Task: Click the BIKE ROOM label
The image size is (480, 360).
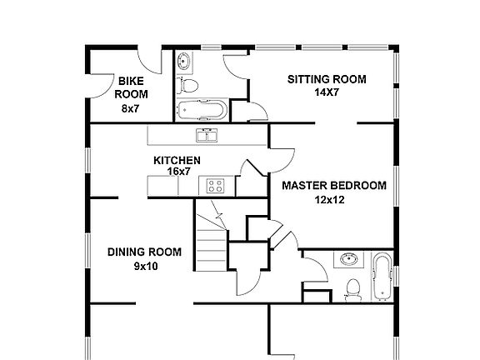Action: tap(131, 87)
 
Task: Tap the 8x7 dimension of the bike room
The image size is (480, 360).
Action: tap(130, 108)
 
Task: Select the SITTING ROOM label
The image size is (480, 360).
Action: tap(327, 79)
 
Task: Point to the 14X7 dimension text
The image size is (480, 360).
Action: tap(327, 92)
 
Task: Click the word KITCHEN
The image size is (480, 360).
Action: tap(177, 160)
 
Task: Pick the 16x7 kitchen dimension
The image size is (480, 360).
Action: tap(179, 172)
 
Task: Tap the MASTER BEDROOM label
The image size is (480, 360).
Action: tap(334, 186)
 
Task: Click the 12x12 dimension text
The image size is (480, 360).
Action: tap(330, 200)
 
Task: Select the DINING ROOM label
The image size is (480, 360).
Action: tap(144, 252)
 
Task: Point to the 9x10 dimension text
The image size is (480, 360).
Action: tap(146, 267)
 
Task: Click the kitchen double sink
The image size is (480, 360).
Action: tap(207, 135)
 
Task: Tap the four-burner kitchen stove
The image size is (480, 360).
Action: tap(215, 186)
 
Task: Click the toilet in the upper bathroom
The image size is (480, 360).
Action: tap(187, 85)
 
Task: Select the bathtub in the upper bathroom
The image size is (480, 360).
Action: tap(202, 110)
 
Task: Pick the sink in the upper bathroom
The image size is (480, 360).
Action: tap(184, 62)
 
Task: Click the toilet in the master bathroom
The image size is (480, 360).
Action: tap(353, 290)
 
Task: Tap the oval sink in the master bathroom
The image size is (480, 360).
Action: tap(349, 260)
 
